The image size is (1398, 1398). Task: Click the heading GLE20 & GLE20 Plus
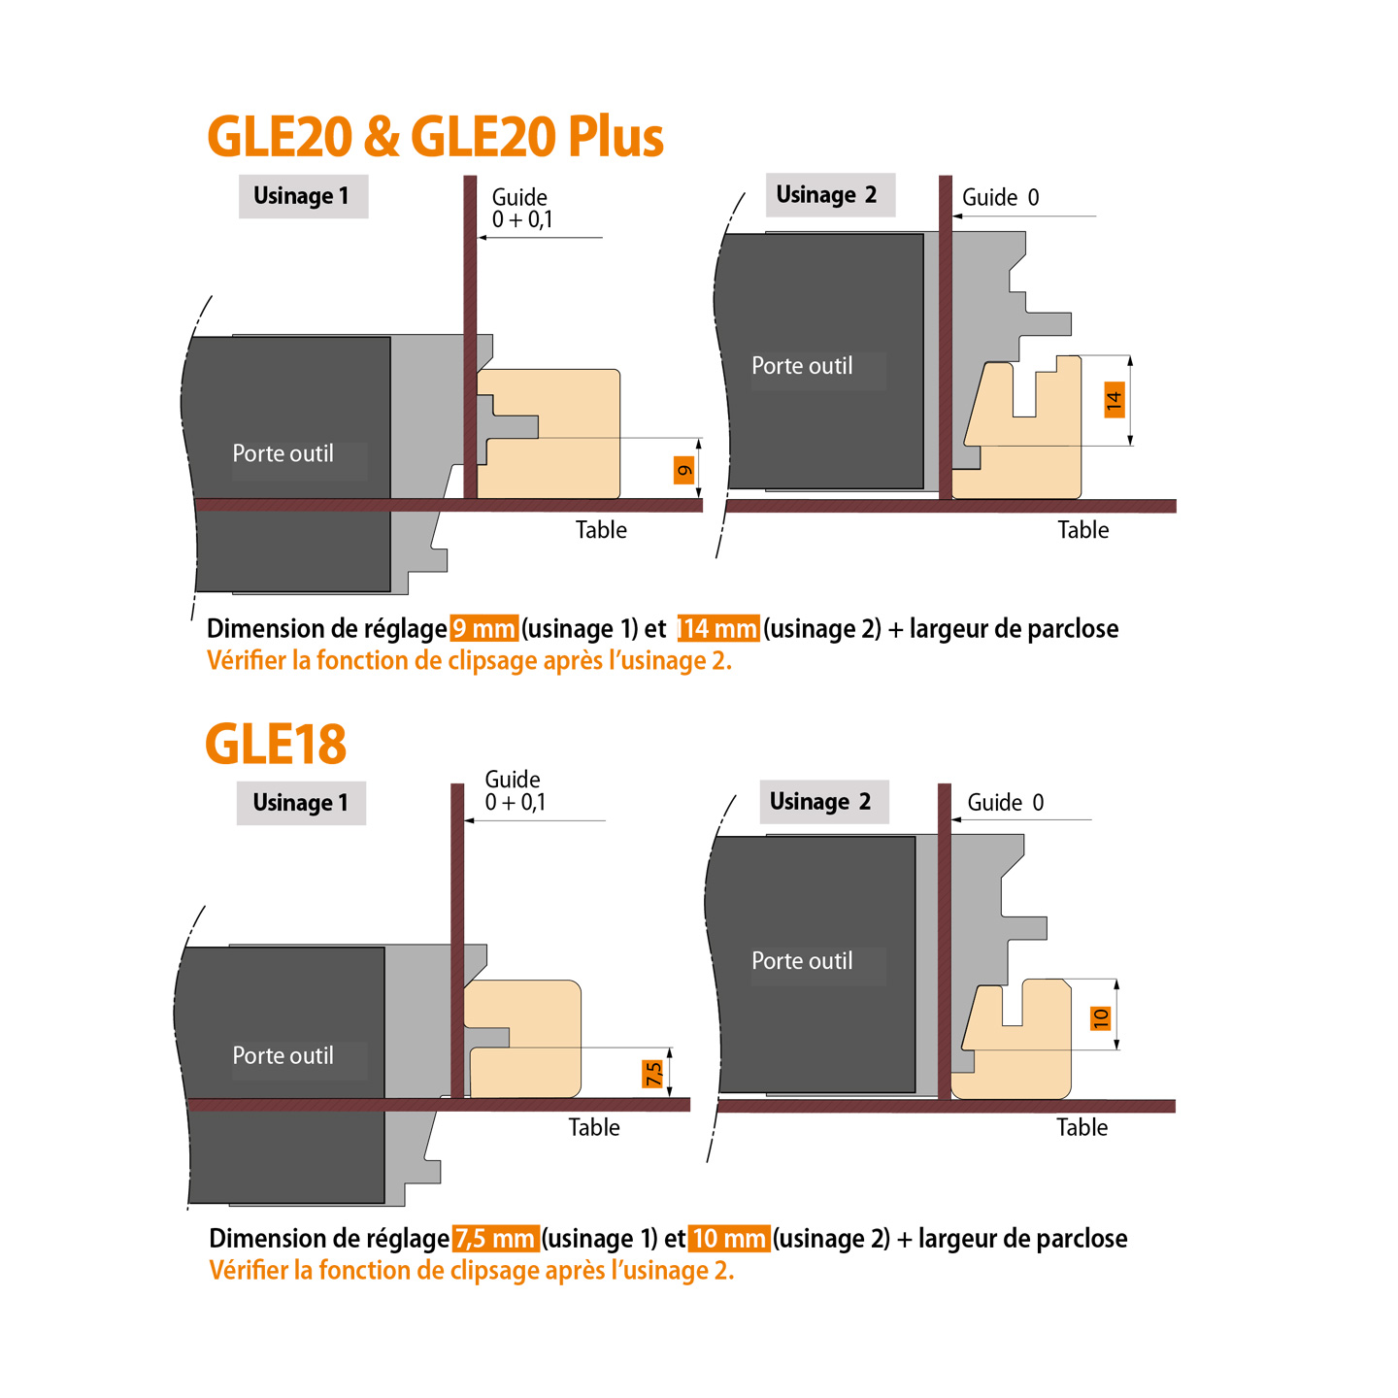[435, 137]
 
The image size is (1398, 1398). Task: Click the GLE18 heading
[276, 745]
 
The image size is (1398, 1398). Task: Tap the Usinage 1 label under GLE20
[302, 196]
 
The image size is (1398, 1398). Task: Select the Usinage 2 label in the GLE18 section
[822, 802]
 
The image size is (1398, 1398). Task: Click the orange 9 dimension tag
[684, 470]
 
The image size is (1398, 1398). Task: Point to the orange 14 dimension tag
[1115, 399]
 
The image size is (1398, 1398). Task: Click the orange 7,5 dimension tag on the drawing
[653, 1073]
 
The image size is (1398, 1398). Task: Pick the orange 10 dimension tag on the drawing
[1101, 1017]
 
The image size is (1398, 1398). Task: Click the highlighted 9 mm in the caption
[483, 629]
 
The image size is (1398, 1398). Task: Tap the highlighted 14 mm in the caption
[718, 629]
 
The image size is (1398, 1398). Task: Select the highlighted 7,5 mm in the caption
[495, 1239]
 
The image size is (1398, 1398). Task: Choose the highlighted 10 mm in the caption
[729, 1239]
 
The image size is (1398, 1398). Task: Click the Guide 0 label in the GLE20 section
[1000, 198]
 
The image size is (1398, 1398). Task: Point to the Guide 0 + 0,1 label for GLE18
[515, 791]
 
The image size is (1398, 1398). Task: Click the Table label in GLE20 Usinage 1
[601, 530]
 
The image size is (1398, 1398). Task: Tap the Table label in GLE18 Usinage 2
[1082, 1127]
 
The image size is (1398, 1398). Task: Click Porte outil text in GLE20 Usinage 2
[802, 366]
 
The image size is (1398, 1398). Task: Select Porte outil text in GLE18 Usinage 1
[283, 1056]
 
